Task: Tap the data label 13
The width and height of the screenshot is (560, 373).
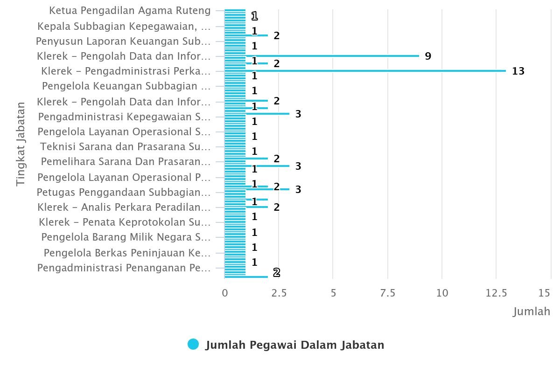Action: pyautogui.click(x=518, y=71)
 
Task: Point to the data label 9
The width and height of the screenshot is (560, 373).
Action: pyautogui.click(x=428, y=56)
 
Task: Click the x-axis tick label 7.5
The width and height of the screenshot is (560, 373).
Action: pyautogui.click(x=387, y=293)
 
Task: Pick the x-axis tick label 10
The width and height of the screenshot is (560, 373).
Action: pyautogui.click(x=442, y=293)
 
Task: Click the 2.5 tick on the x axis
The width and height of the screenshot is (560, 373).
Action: pyautogui.click(x=279, y=293)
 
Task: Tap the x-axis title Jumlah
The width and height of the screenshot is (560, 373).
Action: pyautogui.click(x=532, y=311)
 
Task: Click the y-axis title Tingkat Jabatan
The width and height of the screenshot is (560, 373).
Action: pyautogui.click(x=21, y=144)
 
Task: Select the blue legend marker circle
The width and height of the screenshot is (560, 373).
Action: pyautogui.click(x=193, y=345)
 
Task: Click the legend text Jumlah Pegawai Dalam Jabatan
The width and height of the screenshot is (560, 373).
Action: pyautogui.click(x=294, y=345)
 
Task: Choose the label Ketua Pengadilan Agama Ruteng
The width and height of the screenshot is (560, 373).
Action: pyautogui.click(x=130, y=10)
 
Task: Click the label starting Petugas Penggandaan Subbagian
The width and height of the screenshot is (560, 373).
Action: pyautogui.click(x=124, y=192)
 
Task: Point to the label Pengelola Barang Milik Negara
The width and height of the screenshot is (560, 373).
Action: pyautogui.click(x=126, y=237)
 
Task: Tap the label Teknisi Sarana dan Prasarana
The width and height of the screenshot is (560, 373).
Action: pyautogui.click(x=125, y=147)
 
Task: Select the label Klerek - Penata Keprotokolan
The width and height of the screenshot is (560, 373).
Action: pyautogui.click(x=125, y=222)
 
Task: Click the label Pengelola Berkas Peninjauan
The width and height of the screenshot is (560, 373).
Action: pyautogui.click(x=127, y=253)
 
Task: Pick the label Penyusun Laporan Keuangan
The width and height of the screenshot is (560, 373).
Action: pyautogui.click(x=123, y=41)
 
